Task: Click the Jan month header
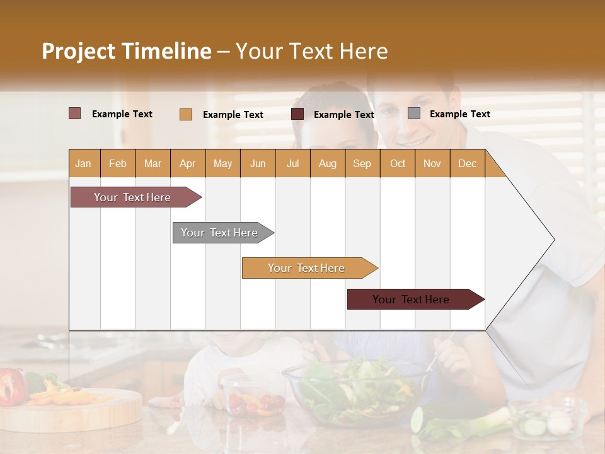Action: (83, 163)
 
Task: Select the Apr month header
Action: (187, 163)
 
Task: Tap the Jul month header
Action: (292, 163)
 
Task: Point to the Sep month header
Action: (362, 163)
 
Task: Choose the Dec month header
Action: (467, 163)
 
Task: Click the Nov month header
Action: (432, 163)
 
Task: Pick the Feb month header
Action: (118, 163)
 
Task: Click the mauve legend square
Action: (75, 113)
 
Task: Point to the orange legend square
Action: (186, 114)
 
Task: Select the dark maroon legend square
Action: (297, 114)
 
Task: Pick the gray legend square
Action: (414, 113)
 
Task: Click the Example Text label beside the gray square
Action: (459, 114)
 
